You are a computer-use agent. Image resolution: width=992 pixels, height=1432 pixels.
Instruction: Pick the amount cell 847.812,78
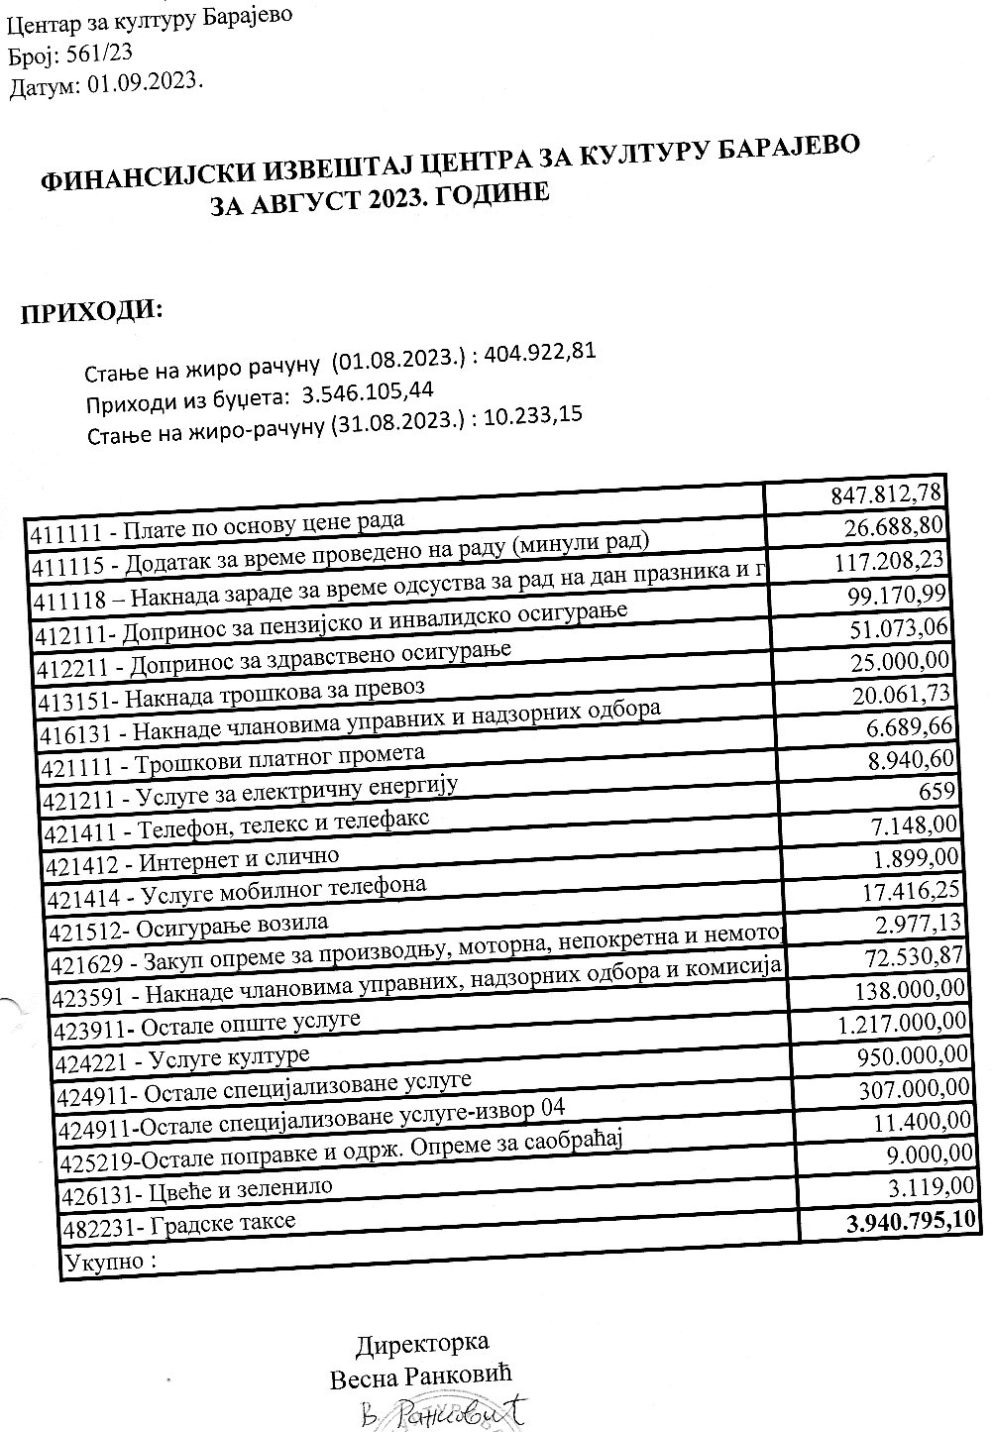coord(887,493)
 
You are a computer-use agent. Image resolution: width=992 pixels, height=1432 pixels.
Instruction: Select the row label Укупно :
coord(110,1263)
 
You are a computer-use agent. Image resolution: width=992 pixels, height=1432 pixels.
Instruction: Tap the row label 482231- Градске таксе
coord(178,1226)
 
